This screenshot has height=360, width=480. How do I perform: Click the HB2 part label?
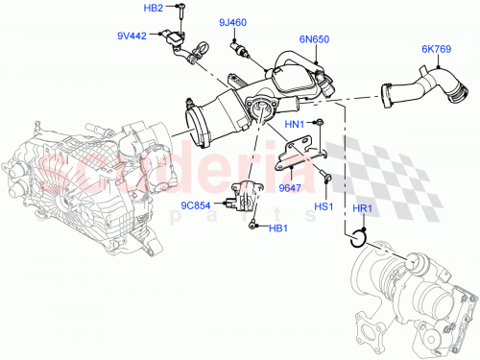coord(155,9)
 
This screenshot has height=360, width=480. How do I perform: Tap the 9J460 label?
coord(231,22)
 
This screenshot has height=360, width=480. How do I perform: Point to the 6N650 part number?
coord(314,40)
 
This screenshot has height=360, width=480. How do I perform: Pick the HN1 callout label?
coord(295,125)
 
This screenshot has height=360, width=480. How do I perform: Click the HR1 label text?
coord(362,210)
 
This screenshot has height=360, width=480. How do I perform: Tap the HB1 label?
coord(277,228)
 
